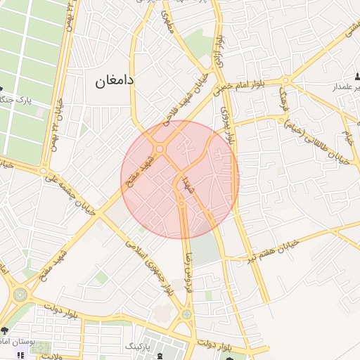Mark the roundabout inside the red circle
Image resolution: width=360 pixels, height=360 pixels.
click(160, 149)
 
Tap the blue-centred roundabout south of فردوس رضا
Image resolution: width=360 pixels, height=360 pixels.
click(186, 314)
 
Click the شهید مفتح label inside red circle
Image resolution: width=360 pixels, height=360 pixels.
click(133, 172)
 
